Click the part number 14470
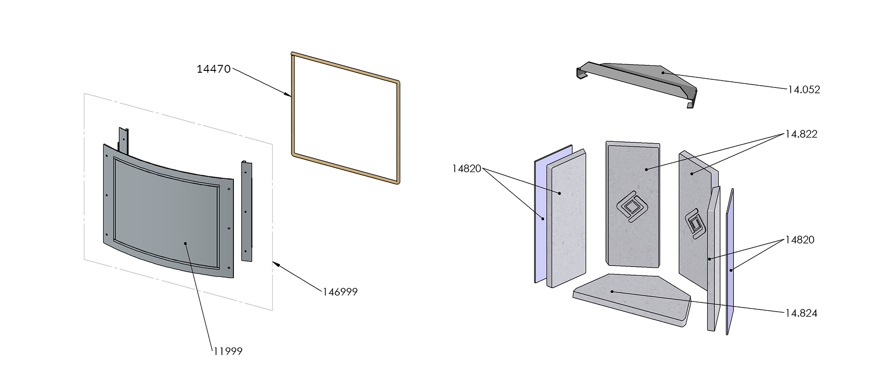point(214,70)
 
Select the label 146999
point(340,292)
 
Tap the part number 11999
point(227,351)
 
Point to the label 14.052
point(803,90)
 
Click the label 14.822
point(802,134)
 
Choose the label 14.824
point(802,313)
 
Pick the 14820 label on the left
point(466,169)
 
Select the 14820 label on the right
point(800,240)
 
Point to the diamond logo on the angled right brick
point(694,225)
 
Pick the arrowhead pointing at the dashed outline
point(275,264)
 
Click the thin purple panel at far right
point(729,262)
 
